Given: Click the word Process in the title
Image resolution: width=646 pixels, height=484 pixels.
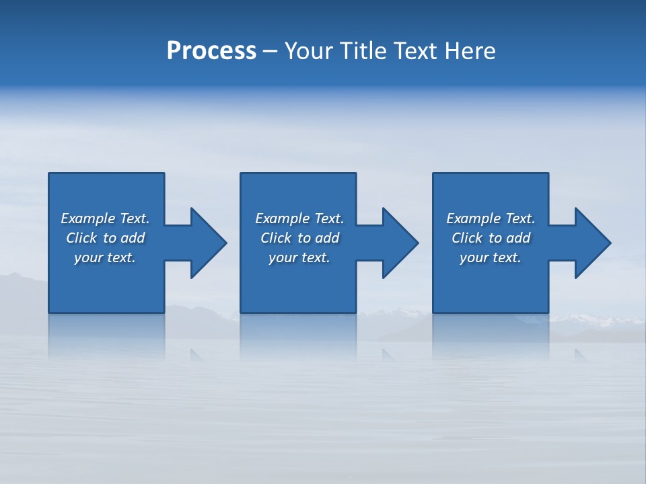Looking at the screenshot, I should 211,51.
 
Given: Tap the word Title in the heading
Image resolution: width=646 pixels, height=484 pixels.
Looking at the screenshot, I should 363,51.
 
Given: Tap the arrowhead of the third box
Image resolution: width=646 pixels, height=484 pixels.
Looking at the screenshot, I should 591,243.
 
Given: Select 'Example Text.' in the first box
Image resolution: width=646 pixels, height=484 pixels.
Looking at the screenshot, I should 105,218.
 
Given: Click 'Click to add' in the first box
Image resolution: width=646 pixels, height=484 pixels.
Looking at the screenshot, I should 105,238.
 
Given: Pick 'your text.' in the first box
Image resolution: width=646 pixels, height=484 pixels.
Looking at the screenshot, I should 105,257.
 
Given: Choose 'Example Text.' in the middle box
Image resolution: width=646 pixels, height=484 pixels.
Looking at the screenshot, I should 299,218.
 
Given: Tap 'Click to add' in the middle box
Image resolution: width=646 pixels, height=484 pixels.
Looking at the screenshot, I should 299,238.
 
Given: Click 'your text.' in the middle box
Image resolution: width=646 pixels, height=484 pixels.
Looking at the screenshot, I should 299,257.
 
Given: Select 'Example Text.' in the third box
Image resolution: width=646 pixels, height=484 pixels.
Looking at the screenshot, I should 491,218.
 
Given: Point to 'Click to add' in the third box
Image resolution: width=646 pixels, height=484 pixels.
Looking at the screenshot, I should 491,238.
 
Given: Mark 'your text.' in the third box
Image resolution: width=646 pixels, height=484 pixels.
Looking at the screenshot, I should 491,257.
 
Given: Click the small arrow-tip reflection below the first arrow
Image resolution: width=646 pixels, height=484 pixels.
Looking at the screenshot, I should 196,354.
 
